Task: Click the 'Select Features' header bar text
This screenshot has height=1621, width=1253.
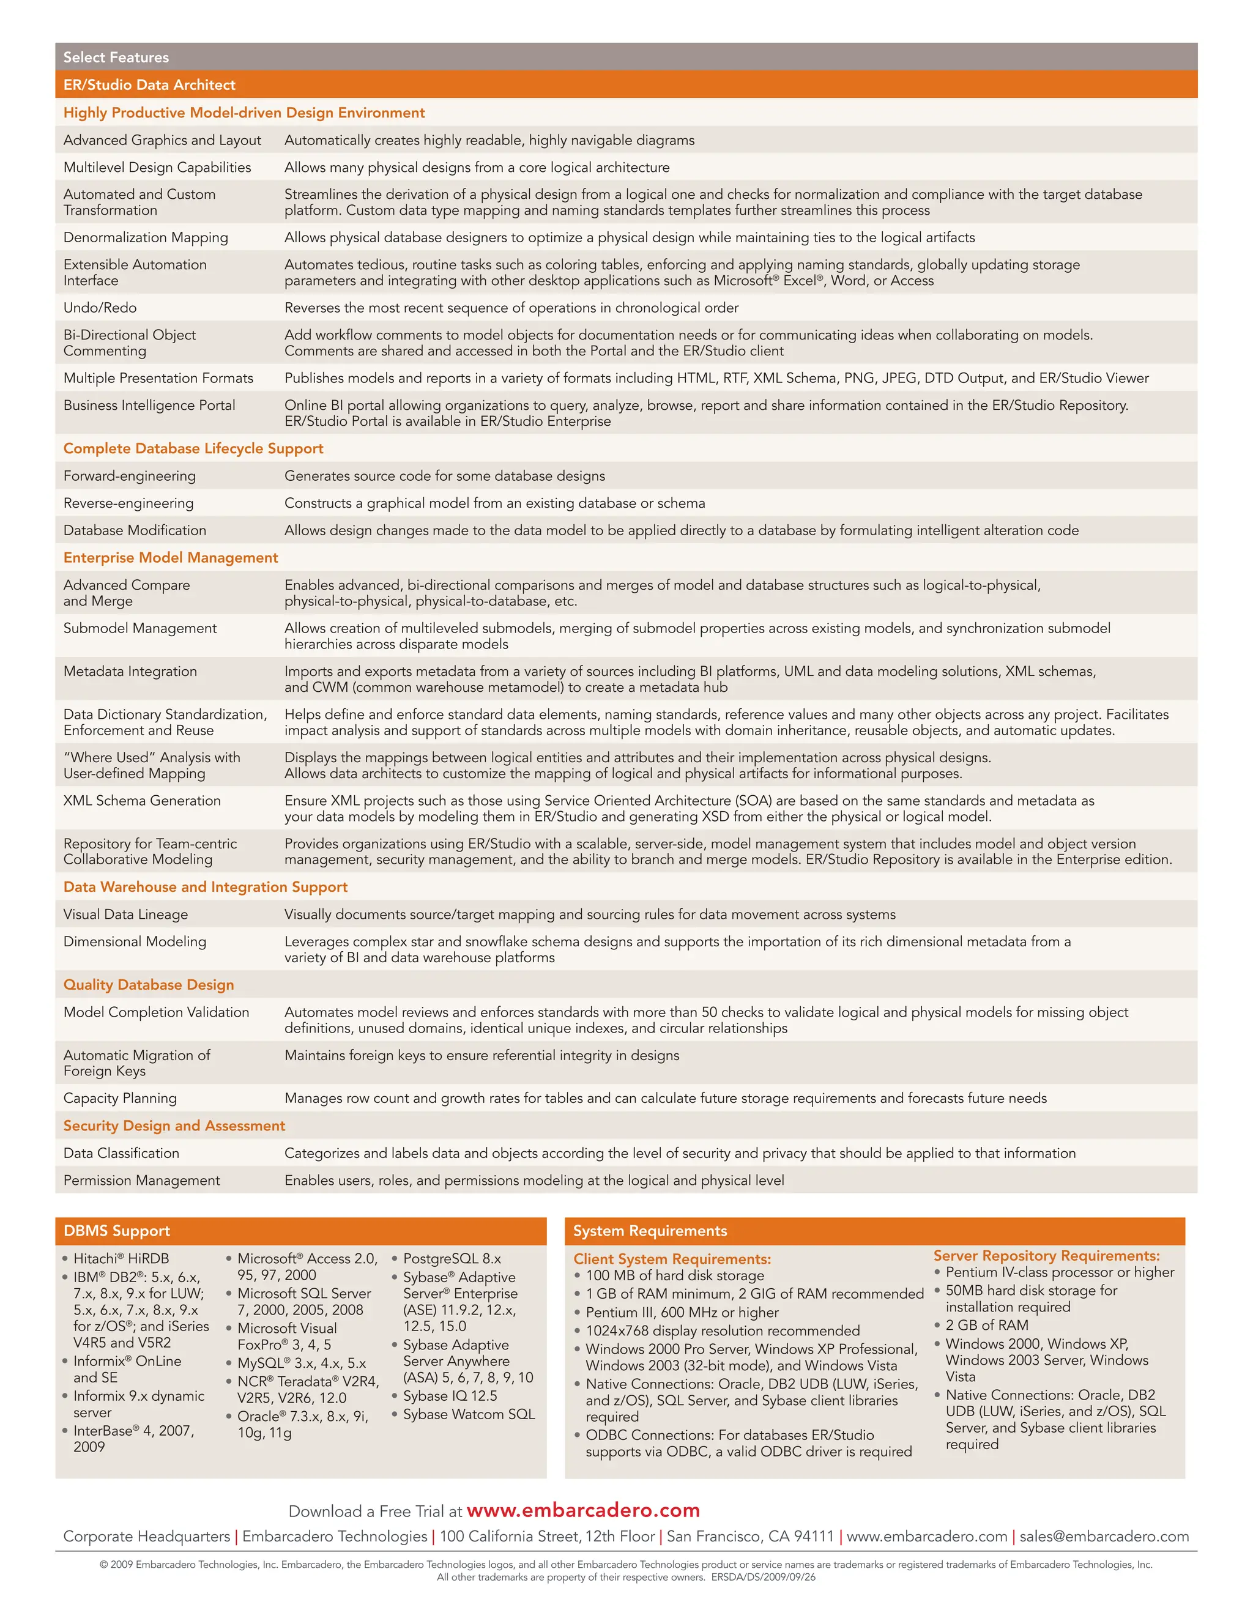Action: [116, 57]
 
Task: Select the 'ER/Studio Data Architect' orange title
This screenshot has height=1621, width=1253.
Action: [149, 84]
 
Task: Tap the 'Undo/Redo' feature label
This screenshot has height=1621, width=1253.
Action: [100, 307]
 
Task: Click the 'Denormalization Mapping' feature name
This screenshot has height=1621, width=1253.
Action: [146, 237]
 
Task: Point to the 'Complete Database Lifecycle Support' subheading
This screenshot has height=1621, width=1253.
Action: [193, 448]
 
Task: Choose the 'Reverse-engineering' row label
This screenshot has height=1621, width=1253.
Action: [128, 503]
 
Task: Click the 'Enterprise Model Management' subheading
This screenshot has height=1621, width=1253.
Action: [171, 557]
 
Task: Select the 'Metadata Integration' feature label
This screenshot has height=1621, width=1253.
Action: [130, 671]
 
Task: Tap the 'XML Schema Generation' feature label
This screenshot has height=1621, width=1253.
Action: [142, 800]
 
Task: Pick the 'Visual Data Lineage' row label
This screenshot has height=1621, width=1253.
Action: [125, 914]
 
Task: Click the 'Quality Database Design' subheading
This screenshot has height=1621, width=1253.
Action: [149, 985]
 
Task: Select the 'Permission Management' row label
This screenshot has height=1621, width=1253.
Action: [142, 1180]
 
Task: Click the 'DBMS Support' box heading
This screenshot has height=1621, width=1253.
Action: [116, 1231]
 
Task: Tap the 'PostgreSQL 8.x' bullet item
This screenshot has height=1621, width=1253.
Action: [452, 1259]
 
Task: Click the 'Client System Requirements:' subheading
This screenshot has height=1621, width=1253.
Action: [672, 1259]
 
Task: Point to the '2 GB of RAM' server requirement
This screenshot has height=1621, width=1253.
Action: [986, 1325]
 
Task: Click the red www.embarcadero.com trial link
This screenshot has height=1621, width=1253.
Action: [582, 1510]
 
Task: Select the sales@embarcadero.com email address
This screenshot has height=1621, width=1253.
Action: [1104, 1537]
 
